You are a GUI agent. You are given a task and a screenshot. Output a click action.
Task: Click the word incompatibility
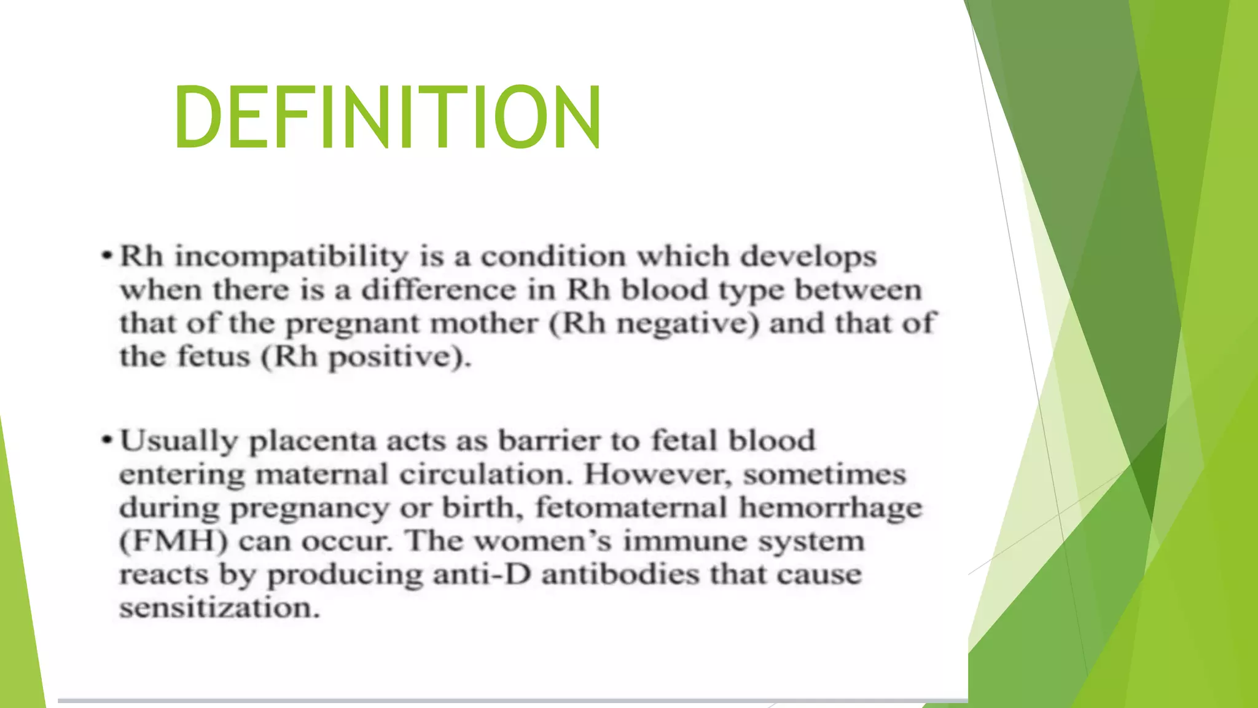(x=291, y=257)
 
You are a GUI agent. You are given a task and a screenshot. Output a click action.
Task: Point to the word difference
(x=439, y=290)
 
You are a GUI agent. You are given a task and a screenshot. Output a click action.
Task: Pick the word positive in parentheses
(x=397, y=357)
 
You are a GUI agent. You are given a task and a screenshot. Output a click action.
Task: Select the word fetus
(x=214, y=356)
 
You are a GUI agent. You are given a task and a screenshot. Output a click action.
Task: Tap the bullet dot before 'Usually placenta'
(x=107, y=440)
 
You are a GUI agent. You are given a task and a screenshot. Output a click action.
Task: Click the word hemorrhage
(x=830, y=508)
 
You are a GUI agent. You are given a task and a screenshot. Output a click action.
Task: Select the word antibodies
(x=620, y=575)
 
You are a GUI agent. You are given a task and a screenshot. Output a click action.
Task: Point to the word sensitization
(x=219, y=608)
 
